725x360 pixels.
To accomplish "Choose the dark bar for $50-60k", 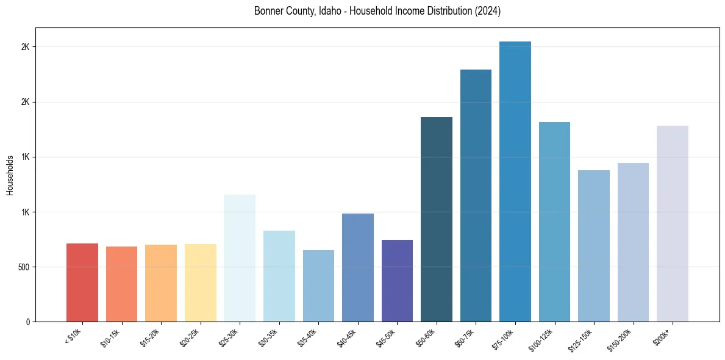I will point(437,219).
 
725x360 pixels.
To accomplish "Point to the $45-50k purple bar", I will point(397,281).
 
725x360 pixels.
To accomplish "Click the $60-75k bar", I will point(476,195).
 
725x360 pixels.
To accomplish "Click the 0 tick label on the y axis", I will point(27,322).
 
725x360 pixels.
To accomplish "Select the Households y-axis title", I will point(10,175).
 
